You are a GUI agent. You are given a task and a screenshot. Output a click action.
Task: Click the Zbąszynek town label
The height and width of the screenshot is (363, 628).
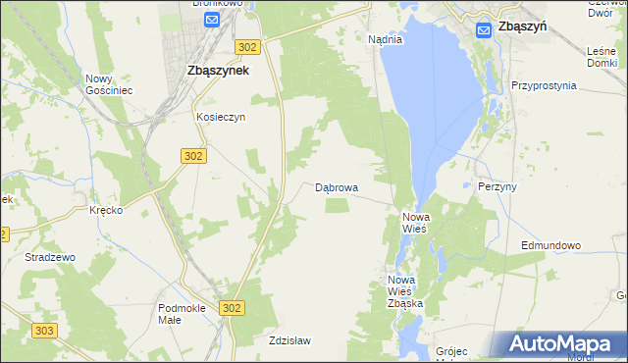[217, 71]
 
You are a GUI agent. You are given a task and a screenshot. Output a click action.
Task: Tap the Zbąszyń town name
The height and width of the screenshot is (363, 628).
[522, 28]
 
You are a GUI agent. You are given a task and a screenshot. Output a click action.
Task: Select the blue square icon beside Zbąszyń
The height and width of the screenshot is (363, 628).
[484, 30]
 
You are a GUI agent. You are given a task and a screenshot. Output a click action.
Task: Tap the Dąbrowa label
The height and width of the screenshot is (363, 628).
[337, 186]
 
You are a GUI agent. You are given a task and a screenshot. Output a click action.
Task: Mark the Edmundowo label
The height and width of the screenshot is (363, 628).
[551, 245]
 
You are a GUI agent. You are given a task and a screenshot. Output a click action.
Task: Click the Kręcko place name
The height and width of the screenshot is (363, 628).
[105, 211]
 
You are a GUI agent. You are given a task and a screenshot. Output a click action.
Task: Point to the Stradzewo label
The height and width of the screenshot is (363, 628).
[50, 257]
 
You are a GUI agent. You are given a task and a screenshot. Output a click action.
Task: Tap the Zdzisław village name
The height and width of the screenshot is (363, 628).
[289, 340]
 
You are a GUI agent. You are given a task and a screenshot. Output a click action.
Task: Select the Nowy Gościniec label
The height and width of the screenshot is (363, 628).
[109, 84]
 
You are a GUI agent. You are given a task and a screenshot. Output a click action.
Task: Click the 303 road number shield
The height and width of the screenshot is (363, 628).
[43, 332]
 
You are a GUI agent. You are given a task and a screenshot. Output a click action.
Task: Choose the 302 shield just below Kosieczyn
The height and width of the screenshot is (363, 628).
[193, 155]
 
